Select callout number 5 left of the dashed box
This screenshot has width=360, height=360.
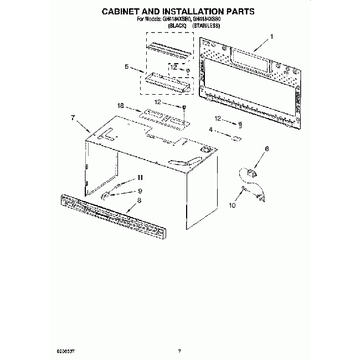tap(127, 66)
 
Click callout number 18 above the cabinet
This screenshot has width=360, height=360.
tap(120, 105)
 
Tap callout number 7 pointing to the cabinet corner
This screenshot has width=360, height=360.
tap(72, 117)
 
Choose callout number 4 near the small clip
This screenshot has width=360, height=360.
tap(210, 130)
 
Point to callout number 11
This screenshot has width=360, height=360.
tap(140, 177)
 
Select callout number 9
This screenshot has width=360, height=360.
tap(140, 191)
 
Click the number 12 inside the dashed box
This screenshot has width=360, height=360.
tap(174, 67)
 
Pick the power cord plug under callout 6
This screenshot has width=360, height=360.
tap(248, 172)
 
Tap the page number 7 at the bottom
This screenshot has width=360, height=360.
tap(179, 350)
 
